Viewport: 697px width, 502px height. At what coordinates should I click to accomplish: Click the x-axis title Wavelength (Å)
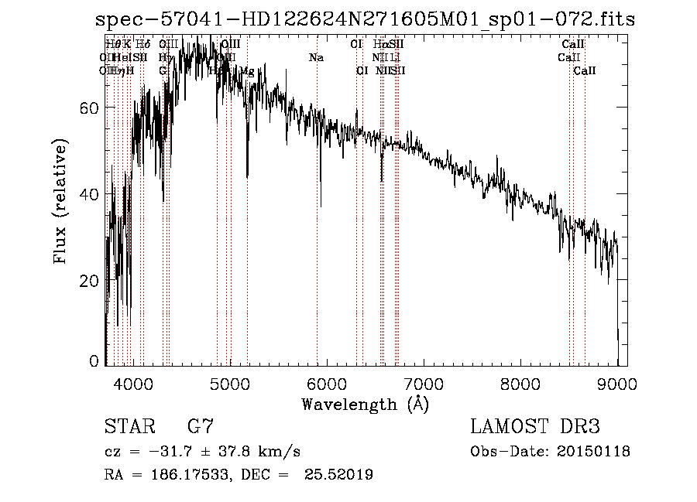click(x=365, y=404)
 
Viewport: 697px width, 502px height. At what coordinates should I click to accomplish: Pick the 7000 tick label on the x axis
click(x=424, y=383)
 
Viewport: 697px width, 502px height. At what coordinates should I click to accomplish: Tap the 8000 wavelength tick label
click(x=520, y=383)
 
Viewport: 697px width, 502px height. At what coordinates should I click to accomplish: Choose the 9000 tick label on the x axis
click(x=617, y=383)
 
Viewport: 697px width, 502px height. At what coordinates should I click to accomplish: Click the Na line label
click(x=316, y=58)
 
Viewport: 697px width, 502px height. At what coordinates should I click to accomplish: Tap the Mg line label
click(x=246, y=71)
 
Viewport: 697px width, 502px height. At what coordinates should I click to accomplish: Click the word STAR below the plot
click(x=129, y=427)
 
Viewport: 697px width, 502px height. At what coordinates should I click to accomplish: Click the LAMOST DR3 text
click(x=534, y=427)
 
